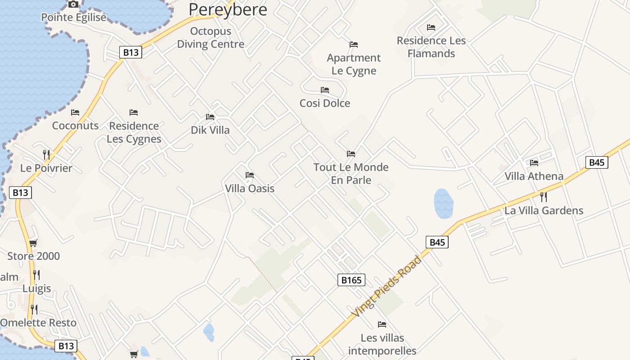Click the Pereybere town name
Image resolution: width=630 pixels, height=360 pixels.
click(x=228, y=9)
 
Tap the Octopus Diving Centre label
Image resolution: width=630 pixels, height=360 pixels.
click(x=211, y=38)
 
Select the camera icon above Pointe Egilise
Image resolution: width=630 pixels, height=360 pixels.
click(x=73, y=4)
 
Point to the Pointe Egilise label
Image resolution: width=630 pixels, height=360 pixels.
click(x=74, y=18)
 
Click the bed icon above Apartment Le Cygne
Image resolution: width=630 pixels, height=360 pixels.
click(x=354, y=45)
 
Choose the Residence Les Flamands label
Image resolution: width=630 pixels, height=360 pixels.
click(x=431, y=47)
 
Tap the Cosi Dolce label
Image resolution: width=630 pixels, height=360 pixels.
click(x=325, y=103)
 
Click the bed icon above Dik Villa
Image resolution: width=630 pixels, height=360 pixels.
click(x=210, y=117)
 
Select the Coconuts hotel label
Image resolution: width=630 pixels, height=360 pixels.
click(x=75, y=126)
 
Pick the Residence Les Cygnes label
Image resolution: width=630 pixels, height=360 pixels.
click(x=134, y=132)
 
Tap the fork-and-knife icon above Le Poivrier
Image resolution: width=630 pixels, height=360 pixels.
click(x=46, y=155)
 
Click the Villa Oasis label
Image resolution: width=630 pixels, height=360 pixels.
click(x=250, y=188)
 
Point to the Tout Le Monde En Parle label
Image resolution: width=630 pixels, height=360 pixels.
click(x=351, y=174)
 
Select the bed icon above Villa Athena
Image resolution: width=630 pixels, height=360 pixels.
click(x=534, y=163)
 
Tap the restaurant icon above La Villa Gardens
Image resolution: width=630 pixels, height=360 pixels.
click(x=544, y=197)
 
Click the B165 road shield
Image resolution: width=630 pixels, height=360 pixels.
click(x=351, y=280)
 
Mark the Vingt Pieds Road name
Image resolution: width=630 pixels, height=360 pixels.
click(x=387, y=286)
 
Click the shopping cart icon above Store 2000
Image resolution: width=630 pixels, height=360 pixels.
click(x=33, y=243)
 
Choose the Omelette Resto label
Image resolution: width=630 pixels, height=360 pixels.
click(x=38, y=323)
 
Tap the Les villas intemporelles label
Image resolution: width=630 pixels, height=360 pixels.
click(x=382, y=344)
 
